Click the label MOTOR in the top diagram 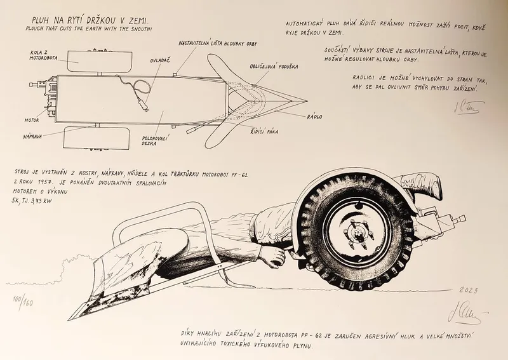click(33, 119)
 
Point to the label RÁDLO click(314, 117)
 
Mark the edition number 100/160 click(22, 299)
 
